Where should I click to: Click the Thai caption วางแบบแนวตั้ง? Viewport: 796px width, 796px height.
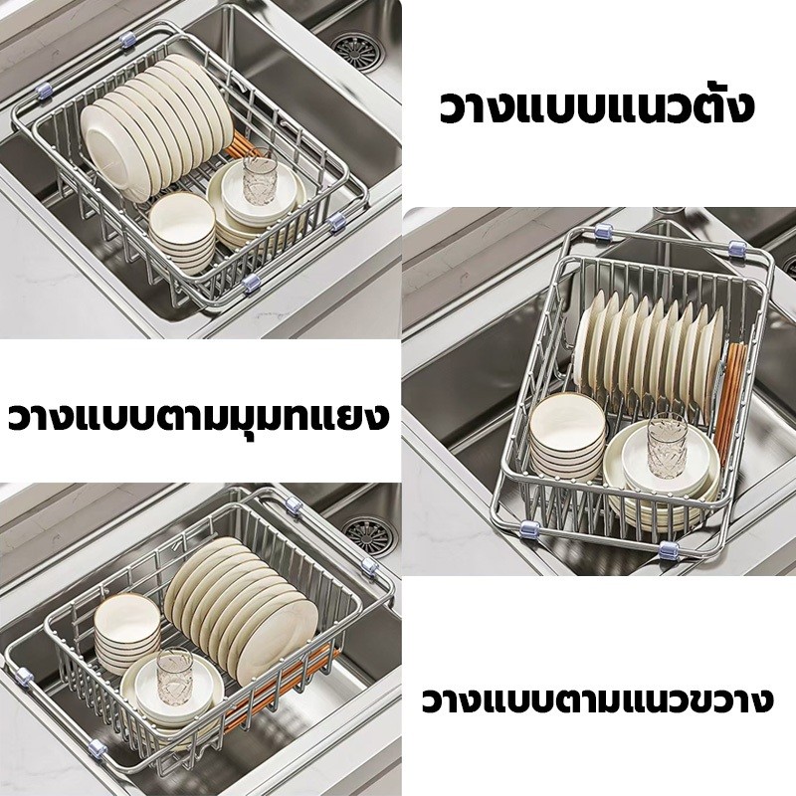[596, 105]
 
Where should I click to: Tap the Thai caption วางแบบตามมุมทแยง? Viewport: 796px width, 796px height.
[198, 417]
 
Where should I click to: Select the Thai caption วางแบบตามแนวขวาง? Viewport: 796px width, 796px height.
[597, 700]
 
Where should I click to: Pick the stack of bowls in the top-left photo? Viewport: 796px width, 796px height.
[182, 233]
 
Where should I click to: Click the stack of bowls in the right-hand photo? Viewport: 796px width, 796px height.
[567, 437]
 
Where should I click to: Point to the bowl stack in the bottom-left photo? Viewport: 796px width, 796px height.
[127, 634]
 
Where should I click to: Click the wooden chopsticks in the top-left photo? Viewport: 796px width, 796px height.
[245, 146]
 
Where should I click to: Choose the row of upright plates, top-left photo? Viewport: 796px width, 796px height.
[152, 127]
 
